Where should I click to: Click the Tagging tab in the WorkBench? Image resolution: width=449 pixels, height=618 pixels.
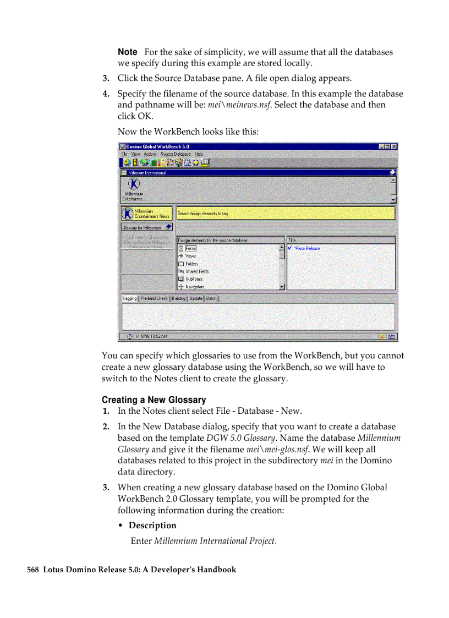tap(130, 298)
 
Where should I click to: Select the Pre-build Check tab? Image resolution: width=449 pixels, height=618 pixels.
tap(154, 298)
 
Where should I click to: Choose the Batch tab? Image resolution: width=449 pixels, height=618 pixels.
tap(211, 298)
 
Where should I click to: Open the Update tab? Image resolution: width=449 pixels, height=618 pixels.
tap(196, 298)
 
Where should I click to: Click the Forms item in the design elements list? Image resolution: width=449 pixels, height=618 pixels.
tap(190, 249)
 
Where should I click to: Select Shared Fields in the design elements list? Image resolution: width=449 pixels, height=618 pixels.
tap(196, 271)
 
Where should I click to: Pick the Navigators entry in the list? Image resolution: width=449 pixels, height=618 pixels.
tap(194, 287)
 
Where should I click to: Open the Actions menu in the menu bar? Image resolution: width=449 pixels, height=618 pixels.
tap(150, 154)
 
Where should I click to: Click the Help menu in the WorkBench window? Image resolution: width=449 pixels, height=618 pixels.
tap(199, 154)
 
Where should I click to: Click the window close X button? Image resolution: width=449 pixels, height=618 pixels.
tap(394, 147)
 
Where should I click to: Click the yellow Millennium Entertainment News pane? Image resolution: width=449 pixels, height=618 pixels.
tap(146, 214)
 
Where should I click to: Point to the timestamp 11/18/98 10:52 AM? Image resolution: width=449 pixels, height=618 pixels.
tap(150, 336)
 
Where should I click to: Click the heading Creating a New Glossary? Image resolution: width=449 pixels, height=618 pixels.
tap(154, 400)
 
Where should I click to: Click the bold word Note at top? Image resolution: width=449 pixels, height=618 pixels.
tap(128, 52)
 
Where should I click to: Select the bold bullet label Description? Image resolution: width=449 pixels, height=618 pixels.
tap(152, 526)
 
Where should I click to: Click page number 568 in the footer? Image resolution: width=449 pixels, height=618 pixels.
tap(32, 570)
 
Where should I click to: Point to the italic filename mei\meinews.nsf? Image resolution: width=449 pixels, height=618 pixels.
tap(239, 105)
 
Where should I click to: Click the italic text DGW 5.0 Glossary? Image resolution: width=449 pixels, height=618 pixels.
tap(240, 438)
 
